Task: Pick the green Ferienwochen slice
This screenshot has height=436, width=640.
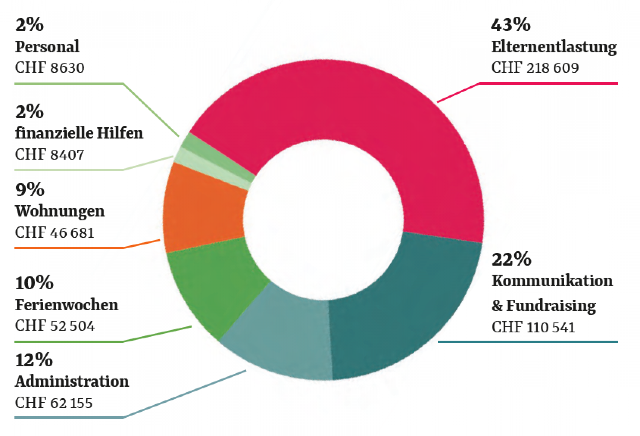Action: point(215,285)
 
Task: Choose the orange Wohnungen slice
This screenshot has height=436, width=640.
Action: point(203,209)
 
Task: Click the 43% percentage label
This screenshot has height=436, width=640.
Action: point(511,25)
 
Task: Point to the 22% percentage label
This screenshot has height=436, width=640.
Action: point(511,259)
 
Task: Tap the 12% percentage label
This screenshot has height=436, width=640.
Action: point(34,360)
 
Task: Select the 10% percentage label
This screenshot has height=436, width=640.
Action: point(34,283)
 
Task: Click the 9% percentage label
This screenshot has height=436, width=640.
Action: point(30,190)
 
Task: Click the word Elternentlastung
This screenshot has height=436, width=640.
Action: point(554,47)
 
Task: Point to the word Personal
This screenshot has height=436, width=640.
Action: point(47,47)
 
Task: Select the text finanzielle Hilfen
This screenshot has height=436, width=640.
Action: point(79,133)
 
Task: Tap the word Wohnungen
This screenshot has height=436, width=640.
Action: point(60,211)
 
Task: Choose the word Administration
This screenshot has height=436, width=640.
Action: point(72,381)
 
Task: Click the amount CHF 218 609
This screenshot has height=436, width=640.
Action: point(535,68)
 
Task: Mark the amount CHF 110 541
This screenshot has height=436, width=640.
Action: point(533,327)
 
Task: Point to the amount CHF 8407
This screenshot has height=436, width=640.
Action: point(49,154)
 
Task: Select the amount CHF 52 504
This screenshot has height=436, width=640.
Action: point(55,326)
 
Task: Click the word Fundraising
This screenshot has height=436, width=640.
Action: point(551,306)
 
